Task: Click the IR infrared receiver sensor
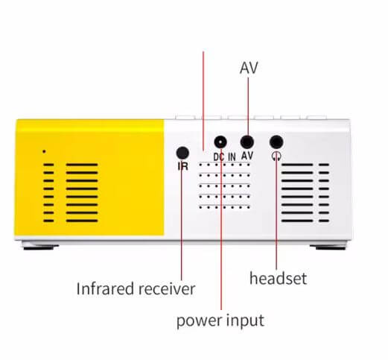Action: (x=182, y=153)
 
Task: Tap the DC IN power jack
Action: (x=220, y=142)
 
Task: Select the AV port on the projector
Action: (x=247, y=142)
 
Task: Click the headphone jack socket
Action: (x=276, y=142)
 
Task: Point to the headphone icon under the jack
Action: (x=276, y=157)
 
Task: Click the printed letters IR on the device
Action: (x=183, y=166)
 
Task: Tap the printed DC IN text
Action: (x=224, y=157)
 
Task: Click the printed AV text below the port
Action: (x=247, y=156)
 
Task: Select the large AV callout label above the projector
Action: (x=249, y=68)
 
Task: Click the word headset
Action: (x=278, y=278)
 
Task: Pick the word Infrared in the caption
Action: (x=106, y=288)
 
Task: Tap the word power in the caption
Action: (x=199, y=321)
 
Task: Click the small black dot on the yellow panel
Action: (x=44, y=151)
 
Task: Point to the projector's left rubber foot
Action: (x=39, y=247)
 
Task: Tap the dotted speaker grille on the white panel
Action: (x=224, y=186)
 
